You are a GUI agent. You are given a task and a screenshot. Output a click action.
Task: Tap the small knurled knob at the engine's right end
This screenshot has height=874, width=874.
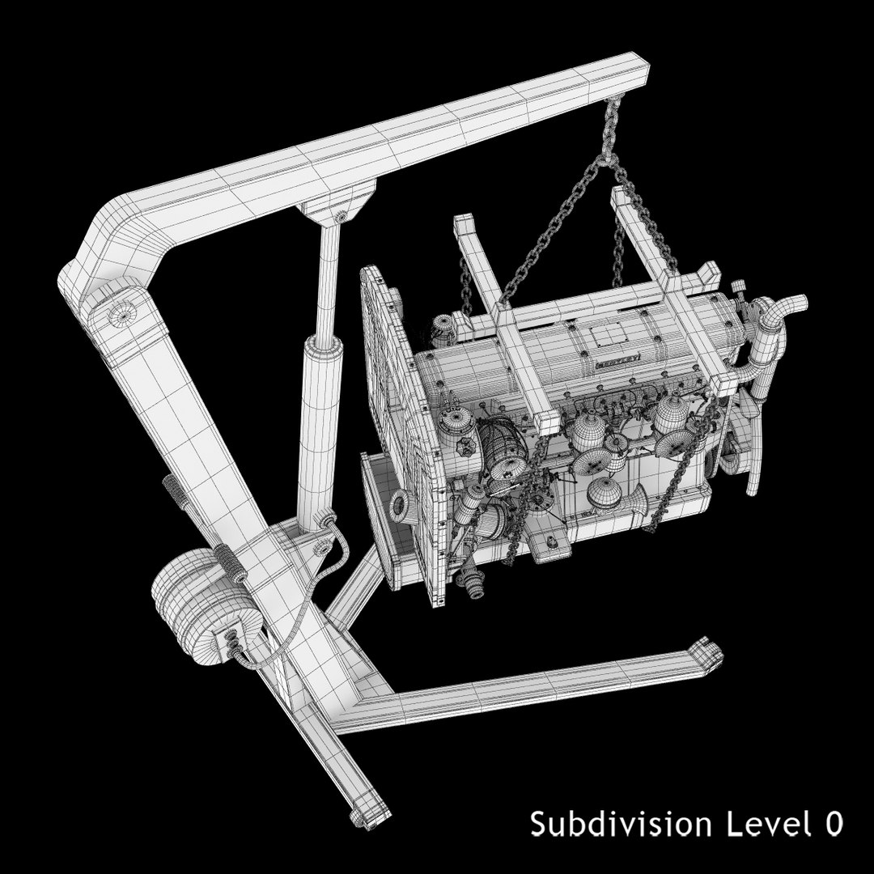(738, 289)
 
